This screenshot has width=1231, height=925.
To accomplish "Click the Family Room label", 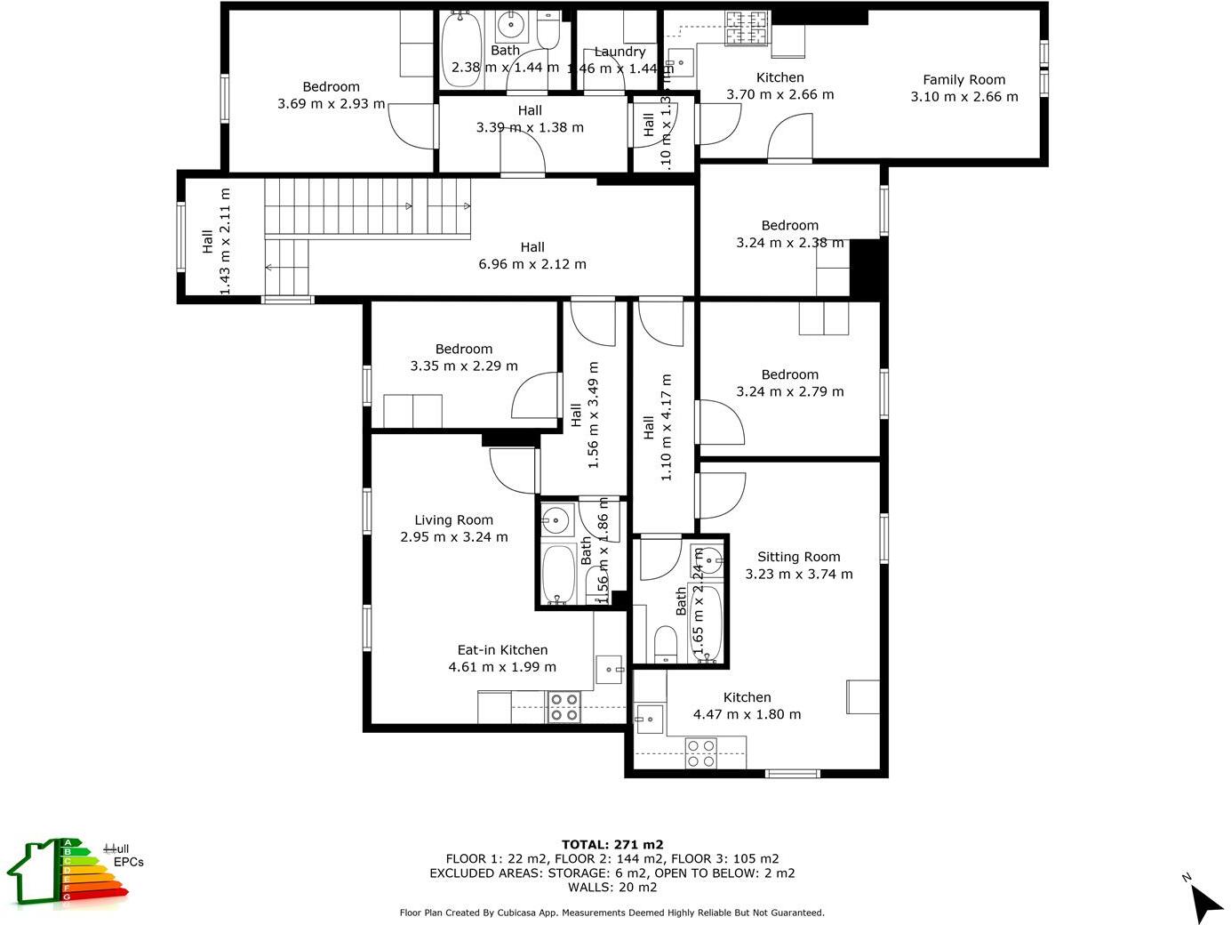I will click(x=963, y=80).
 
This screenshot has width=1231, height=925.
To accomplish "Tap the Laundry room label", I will click(x=619, y=52).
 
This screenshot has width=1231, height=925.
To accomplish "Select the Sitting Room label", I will click(x=798, y=558).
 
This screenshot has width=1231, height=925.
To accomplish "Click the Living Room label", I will click(x=453, y=520).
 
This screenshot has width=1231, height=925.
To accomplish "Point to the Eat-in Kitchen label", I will click(x=502, y=650).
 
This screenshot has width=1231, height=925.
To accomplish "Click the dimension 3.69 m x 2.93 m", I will click(x=331, y=104).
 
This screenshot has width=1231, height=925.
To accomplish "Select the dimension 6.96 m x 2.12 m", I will click(x=532, y=264).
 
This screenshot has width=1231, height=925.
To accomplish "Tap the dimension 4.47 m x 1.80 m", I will click(x=747, y=714).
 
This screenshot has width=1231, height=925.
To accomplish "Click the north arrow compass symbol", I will click(x=1205, y=902).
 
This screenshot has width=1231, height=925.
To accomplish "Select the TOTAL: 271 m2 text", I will click(x=612, y=845).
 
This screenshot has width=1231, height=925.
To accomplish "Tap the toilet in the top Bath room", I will click(x=548, y=32).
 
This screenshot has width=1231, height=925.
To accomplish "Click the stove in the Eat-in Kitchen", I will click(x=564, y=707).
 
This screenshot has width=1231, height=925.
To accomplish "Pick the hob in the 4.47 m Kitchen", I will click(x=700, y=754).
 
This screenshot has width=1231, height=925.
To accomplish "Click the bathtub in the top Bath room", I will click(x=460, y=50).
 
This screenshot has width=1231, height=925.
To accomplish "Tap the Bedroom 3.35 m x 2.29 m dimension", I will click(x=464, y=366).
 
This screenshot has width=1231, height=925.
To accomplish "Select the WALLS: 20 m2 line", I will click(x=612, y=887).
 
